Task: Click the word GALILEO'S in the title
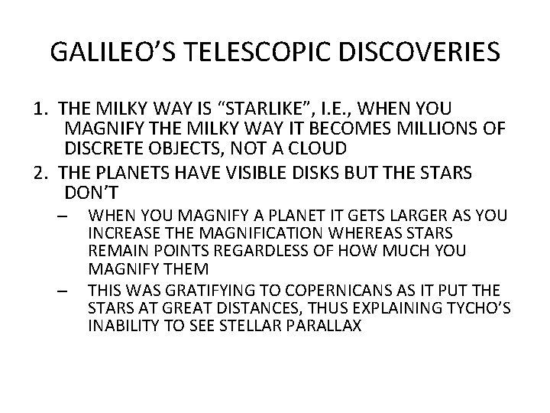tap(114, 52)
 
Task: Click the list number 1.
tap(39, 109)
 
